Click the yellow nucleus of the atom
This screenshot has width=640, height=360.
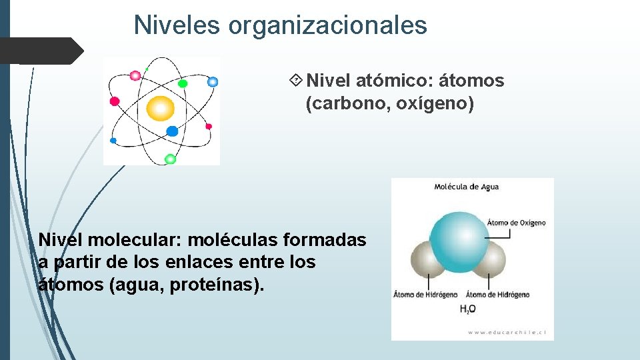pyautogui.click(x=160, y=108)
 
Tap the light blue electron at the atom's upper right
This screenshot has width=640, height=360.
pyautogui.click(x=213, y=82)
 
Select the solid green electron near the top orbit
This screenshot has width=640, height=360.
pyautogui.click(x=183, y=83)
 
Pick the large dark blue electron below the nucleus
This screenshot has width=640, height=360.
pyautogui.click(x=172, y=131)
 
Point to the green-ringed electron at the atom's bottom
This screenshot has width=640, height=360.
pyautogui.click(x=170, y=159)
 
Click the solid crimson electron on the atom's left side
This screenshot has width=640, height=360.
pyautogui.click(x=114, y=101)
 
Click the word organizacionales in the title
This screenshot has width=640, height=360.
pyautogui.click(x=327, y=25)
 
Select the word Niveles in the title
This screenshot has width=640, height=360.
pyautogui.click(x=177, y=25)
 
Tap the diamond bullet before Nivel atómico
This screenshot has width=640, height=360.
pyautogui.click(x=296, y=81)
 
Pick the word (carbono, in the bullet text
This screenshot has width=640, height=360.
pyautogui.click(x=345, y=105)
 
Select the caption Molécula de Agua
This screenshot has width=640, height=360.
pyautogui.click(x=466, y=187)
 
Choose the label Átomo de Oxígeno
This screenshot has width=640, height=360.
pyautogui.click(x=516, y=223)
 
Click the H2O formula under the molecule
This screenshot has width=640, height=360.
pyautogui.click(x=467, y=309)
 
